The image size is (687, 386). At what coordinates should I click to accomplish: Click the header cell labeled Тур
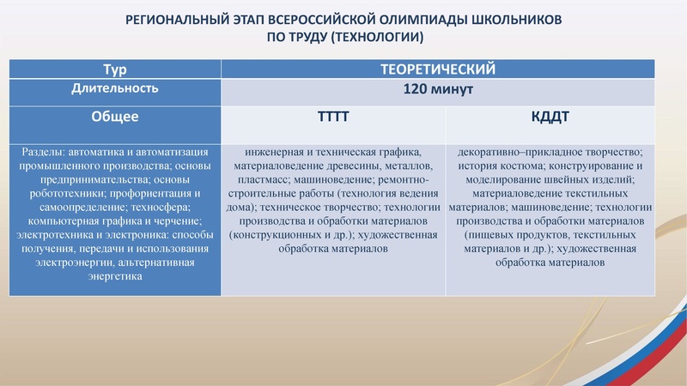114,69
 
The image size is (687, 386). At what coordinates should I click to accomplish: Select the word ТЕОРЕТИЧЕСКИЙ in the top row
438,69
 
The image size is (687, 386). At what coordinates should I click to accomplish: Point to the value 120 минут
438,90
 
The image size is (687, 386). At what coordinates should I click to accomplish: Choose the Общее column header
114,115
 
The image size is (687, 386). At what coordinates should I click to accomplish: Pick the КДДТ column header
550,115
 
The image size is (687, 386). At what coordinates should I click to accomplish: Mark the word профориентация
142,194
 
